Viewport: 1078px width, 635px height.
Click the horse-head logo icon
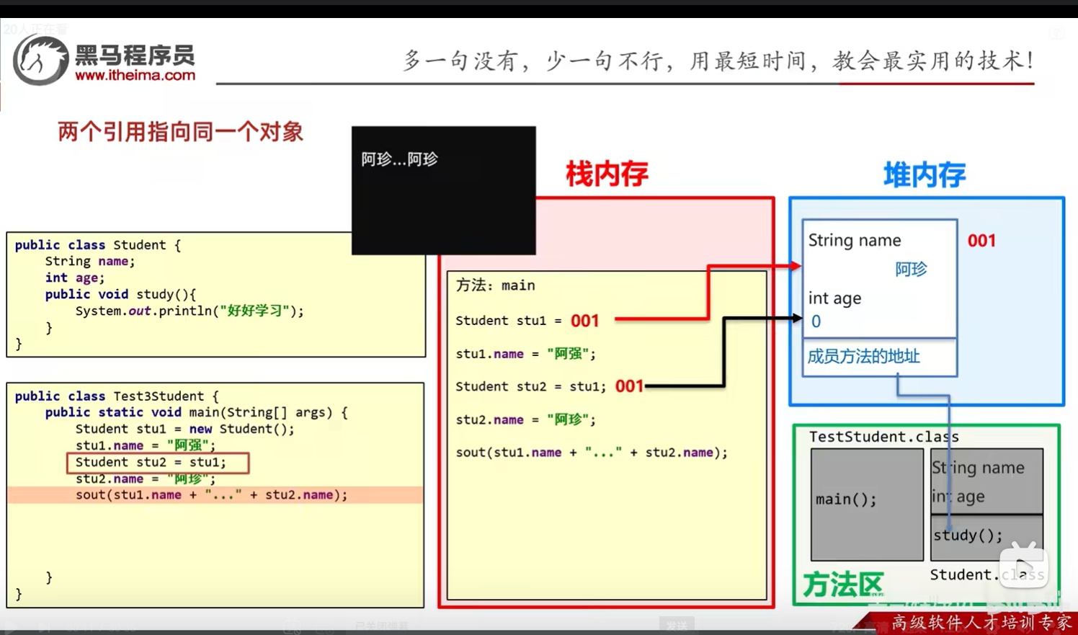pos(40,61)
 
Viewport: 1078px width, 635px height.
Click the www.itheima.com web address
pos(135,75)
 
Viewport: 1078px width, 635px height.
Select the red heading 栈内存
pos(607,174)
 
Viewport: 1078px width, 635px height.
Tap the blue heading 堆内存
pos(925,175)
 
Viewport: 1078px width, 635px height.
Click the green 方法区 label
pos(842,585)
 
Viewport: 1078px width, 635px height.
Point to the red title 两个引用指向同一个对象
pos(180,132)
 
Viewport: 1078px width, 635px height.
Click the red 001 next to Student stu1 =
pos(584,321)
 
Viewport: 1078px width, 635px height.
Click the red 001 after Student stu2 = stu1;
pos(629,386)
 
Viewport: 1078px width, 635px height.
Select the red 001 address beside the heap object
pos(981,241)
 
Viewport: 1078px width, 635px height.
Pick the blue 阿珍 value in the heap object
pos(911,270)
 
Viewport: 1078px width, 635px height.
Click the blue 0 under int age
pos(816,321)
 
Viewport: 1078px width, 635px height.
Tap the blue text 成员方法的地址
pos(863,356)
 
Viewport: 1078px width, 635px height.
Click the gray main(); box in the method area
pos(866,504)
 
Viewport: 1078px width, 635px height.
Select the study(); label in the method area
pos(967,535)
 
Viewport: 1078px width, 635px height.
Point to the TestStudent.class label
pos(883,437)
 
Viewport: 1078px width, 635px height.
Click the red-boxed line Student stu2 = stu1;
pos(157,462)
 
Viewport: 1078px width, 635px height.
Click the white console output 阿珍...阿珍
pos(399,159)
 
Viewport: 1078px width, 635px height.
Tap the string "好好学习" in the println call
pos(255,311)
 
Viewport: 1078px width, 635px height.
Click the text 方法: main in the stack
pos(495,285)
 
